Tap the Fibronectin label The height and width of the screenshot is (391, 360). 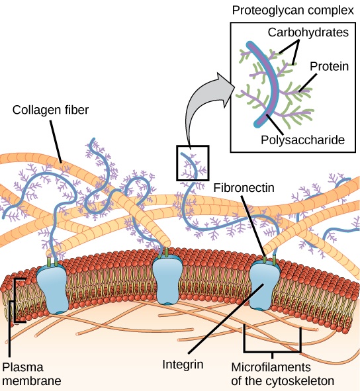tap(244, 187)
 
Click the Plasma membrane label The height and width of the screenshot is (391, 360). tap(32, 374)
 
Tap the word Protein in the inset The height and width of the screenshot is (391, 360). tap(330, 66)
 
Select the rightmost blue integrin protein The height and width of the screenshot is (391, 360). tap(265, 284)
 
